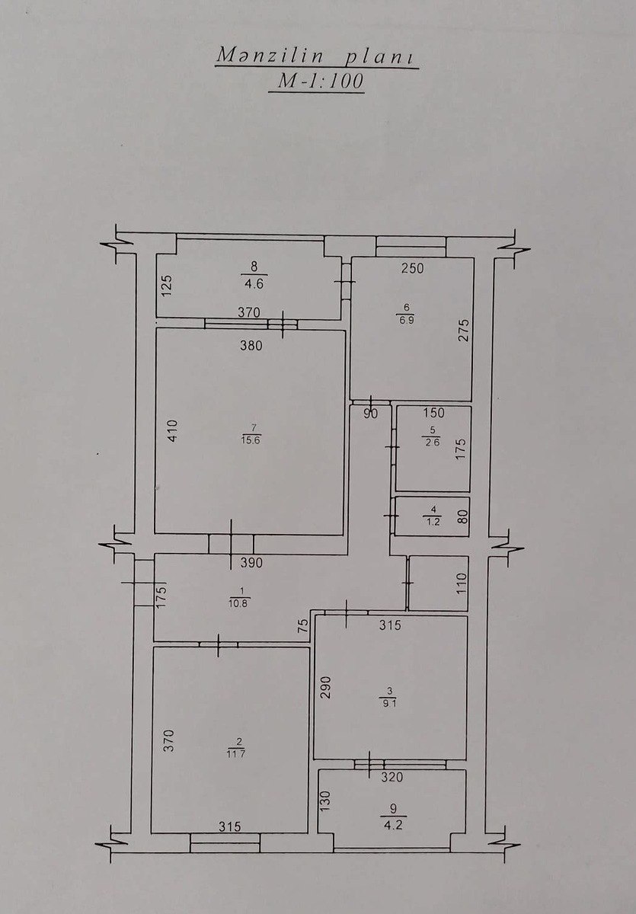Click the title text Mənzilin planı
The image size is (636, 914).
tap(315, 56)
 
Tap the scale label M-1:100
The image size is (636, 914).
tap(320, 81)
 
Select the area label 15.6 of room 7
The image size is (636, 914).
tap(251, 440)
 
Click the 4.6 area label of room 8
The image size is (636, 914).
tap(254, 283)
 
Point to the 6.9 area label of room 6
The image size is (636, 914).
tap(406, 320)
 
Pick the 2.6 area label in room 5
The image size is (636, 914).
tap(432, 443)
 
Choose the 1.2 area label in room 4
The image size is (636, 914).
tap(433, 522)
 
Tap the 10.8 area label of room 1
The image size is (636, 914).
tap(239, 603)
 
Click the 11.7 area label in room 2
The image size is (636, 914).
tap(236, 754)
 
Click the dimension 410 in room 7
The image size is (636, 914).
tap(173, 431)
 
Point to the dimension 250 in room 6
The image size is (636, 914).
tap(412, 268)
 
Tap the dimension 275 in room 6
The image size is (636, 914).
tap(465, 330)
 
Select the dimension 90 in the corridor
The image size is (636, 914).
tap(370, 414)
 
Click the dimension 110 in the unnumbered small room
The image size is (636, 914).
tap(462, 583)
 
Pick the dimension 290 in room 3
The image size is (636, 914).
tap(326, 688)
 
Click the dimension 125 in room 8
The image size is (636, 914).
tap(168, 286)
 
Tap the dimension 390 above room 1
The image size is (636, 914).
tap(251, 563)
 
